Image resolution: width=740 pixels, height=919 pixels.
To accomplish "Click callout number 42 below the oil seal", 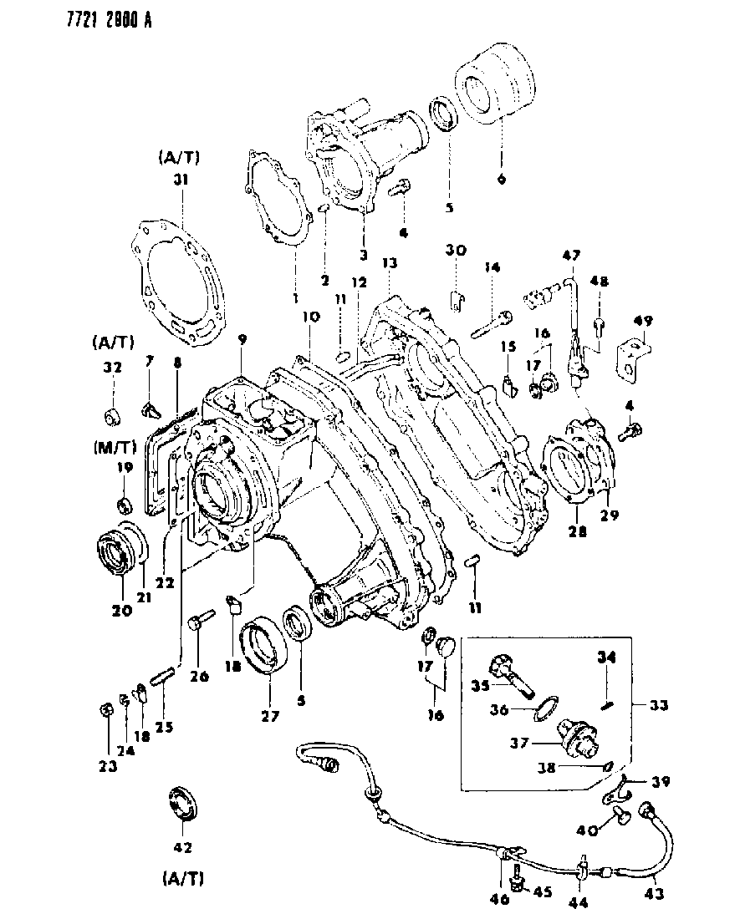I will coord(182,847).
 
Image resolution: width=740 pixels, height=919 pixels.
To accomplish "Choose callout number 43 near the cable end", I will coord(655,893).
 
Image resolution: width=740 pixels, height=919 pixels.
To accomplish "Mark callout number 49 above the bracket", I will coord(643,321).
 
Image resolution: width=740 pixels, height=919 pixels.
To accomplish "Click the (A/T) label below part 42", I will coord(182,879).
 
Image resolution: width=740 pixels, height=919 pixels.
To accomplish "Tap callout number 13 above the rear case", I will coord(387,262).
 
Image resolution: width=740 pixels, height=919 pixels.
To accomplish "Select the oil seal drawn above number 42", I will coord(182,803).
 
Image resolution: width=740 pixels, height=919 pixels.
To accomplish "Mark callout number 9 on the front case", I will coord(242,339).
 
